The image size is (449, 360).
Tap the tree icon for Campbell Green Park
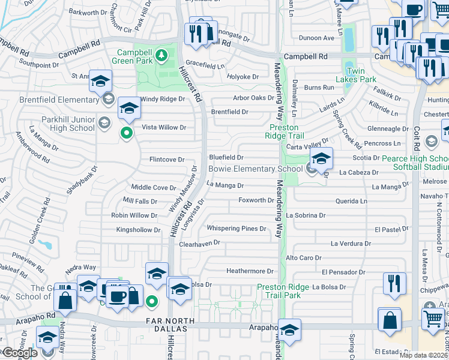[161, 56]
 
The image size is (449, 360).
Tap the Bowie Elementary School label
[256, 169]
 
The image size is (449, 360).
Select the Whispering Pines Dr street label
[236, 229]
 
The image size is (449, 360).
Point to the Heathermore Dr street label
[250, 271]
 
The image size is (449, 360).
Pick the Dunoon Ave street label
[317, 38]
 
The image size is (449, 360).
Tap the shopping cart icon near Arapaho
[433, 317]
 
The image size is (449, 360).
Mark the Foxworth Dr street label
[256, 200]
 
